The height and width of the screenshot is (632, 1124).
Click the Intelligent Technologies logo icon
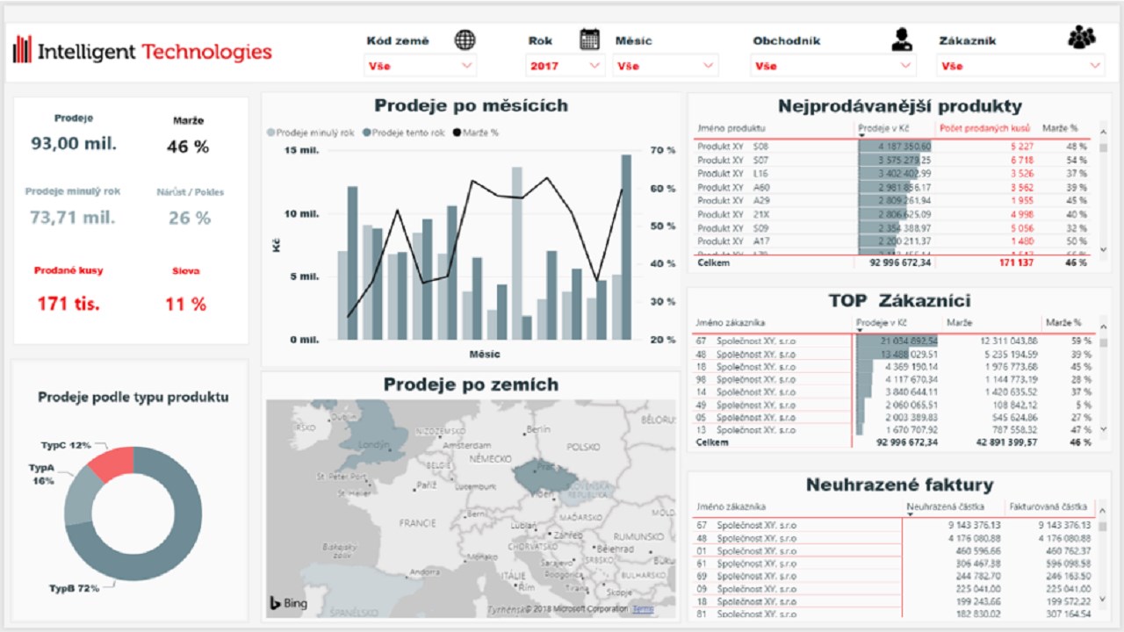(23, 50)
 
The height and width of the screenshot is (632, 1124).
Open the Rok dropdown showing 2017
(566, 66)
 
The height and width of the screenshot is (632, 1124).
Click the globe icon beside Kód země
(465, 39)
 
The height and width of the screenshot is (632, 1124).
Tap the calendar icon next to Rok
(589, 39)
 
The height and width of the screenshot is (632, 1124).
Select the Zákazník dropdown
(1020, 66)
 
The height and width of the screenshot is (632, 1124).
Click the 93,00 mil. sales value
(74, 144)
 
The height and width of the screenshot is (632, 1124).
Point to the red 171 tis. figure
(68, 305)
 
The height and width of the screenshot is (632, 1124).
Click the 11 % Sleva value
(185, 305)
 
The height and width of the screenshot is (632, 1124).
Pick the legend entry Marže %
(476, 133)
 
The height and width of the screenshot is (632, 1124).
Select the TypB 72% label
(73, 588)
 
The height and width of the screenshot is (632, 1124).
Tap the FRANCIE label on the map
(417, 522)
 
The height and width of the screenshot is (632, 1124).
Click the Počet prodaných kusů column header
(983, 128)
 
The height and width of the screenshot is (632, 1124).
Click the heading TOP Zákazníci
(899, 300)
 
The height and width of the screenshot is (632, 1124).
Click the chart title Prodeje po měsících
(471, 106)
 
